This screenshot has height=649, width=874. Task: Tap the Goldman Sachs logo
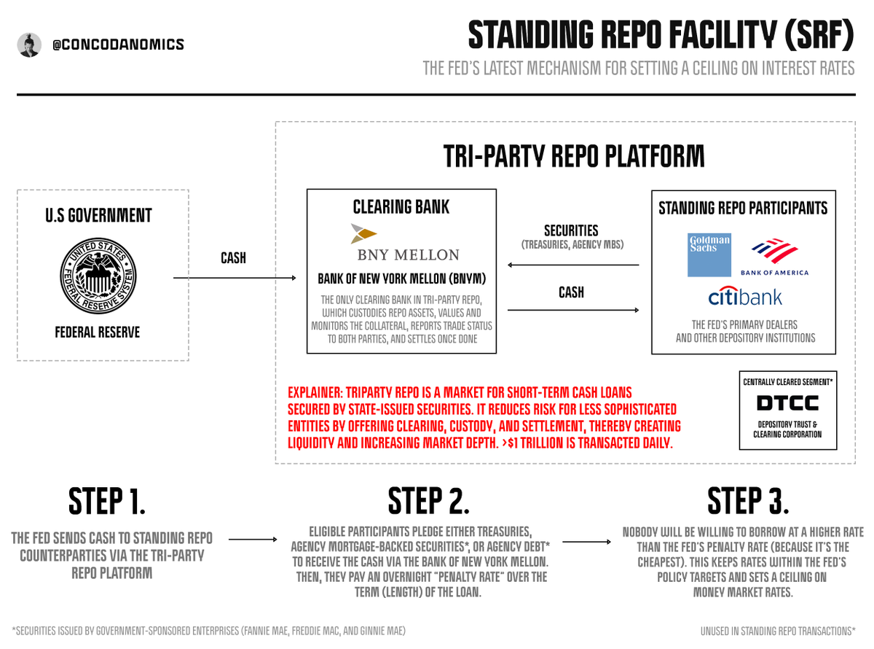[x=709, y=256]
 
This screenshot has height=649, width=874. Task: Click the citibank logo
[x=745, y=297]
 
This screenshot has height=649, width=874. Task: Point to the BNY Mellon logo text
[x=407, y=254]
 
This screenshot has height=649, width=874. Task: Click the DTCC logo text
[x=787, y=403]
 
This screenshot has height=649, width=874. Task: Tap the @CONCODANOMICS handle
[x=118, y=44]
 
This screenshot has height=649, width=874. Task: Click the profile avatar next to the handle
[x=29, y=44]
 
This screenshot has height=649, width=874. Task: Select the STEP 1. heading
[x=108, y=501]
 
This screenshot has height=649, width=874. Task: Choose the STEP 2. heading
[x=428, y=501]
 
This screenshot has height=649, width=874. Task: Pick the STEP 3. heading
[x=748, y=501]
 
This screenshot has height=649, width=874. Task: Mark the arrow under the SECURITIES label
[x=573, y=265]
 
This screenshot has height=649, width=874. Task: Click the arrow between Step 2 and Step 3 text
[x=587, y=542]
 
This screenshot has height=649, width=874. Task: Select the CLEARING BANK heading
[x=401, y=206]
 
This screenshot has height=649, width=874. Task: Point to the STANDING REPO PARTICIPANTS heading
[x=743, y=208]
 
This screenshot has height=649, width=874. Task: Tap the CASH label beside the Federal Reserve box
[x=234, y=258]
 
